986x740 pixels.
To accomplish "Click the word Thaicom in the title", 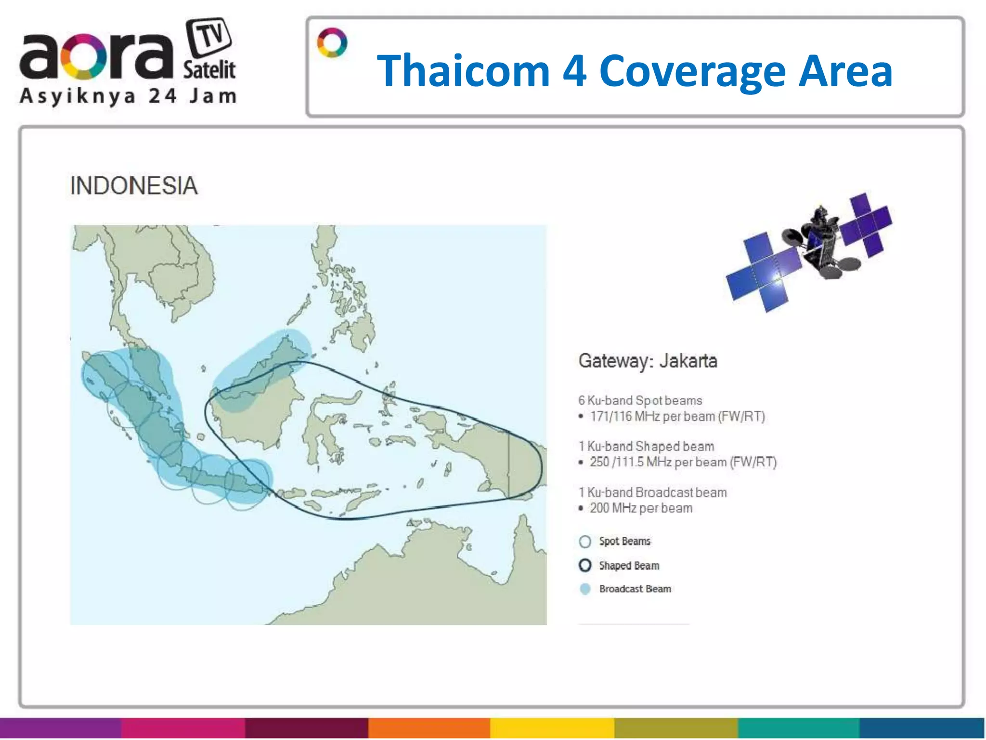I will click(463, 71).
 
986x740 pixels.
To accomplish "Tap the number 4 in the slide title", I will click(574, 71).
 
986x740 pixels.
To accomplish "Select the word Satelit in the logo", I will click(209, 70).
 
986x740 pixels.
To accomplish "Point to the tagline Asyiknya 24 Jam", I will click(128, 96).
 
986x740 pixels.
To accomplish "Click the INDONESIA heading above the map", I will click(134, 186).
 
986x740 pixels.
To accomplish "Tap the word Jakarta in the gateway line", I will click(688, 361).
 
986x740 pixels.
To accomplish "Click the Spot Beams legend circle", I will click(585, 542).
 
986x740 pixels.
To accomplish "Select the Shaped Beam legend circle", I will click(585, 565).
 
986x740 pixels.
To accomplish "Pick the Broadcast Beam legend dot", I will click(585, 589).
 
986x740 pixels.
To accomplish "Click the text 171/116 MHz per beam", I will click(677, 416).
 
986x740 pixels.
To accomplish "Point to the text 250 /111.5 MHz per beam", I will click(683, 462).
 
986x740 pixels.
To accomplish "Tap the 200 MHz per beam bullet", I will click(641, 508).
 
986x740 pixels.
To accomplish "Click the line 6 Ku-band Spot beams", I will click(640, 400).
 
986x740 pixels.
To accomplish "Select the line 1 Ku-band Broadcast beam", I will click(652, 492).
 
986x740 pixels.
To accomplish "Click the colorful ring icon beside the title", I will click(332, 43).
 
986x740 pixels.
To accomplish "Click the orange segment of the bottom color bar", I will click(429, 728).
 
